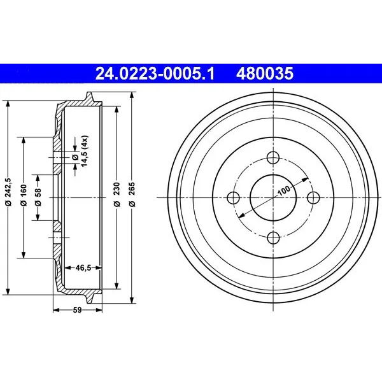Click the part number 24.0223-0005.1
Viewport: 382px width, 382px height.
click(155, 74)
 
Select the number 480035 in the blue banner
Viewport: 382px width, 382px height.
click(265, 74)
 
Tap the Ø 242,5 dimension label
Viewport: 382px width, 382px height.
click(8, 192)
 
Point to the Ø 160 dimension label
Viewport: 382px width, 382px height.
click(24, 195)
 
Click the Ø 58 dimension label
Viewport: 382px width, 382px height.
click(38, 197)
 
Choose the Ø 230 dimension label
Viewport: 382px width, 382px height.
click(117, 194)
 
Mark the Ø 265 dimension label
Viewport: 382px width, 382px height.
click(132, 194)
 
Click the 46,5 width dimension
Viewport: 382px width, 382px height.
click(83, 268)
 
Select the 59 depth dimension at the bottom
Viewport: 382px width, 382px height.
click(78, 310)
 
